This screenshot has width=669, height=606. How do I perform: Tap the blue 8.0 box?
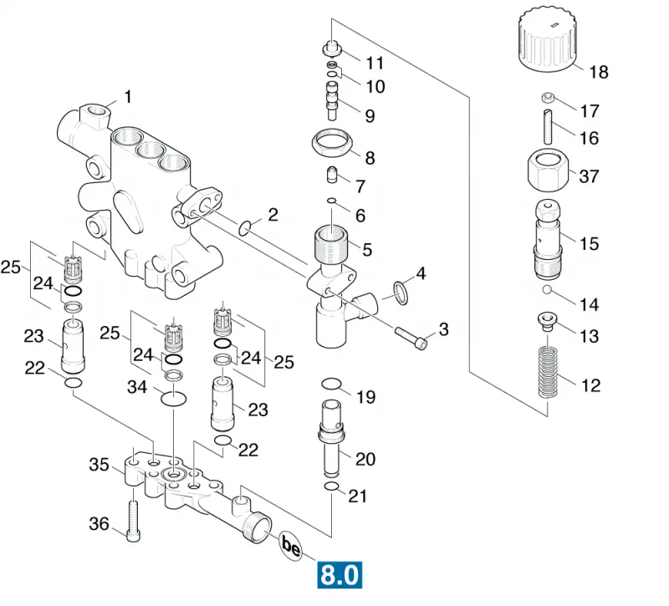coord(340,575)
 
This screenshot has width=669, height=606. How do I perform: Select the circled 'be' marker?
coord(291,546)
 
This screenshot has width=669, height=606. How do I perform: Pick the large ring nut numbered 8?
coord(332,144)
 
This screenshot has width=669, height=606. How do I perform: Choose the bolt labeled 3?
coord(411,338)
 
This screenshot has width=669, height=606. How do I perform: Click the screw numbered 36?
coord(134,521)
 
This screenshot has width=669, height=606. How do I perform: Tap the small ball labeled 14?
coord(547,290)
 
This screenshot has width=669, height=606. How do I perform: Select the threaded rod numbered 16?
coord(549,127)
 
